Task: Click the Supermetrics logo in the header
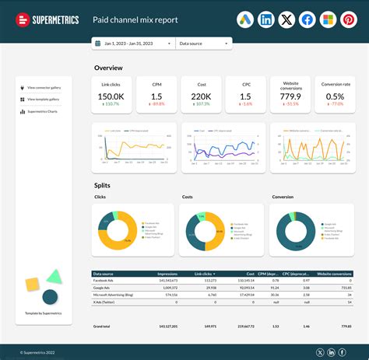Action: (x=47, y=19)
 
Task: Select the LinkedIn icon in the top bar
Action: (x=267, y=19)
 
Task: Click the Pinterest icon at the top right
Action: (x=348, y=19)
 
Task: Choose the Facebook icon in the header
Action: (x=307, y=19)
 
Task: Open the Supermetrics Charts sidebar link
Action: (x=47, y=111)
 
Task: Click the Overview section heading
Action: (x=108, y=68)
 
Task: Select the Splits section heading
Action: (x=102, y=185)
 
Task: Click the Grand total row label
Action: (x=102, y=326)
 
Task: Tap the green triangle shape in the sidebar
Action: (x=54, y=276)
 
